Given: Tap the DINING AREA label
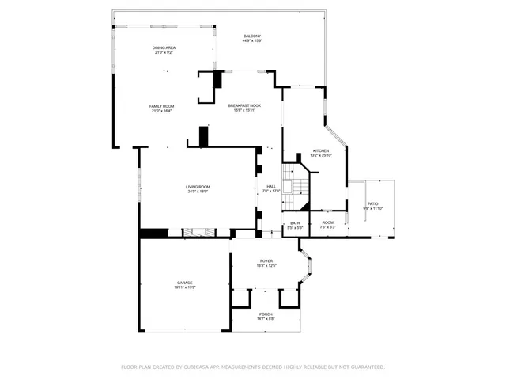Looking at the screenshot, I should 164,48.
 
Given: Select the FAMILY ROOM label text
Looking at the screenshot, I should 161,106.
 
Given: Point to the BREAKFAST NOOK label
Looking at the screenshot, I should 244,105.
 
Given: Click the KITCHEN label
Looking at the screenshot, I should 320,150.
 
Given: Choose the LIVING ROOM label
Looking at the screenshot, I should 198,187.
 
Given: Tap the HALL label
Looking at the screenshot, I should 270,187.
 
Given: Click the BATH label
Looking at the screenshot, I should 295,223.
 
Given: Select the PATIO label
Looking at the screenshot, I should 372,204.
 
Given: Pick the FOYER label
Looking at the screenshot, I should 266,261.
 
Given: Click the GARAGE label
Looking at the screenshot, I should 184,283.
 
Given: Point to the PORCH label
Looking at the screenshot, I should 266,314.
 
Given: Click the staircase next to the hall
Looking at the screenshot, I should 296,188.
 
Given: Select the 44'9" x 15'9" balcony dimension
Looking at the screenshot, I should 252,42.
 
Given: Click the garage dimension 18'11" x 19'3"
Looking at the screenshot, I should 184,287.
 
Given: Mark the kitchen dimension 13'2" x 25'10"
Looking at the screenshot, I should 320,155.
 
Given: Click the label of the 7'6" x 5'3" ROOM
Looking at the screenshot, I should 327,223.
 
